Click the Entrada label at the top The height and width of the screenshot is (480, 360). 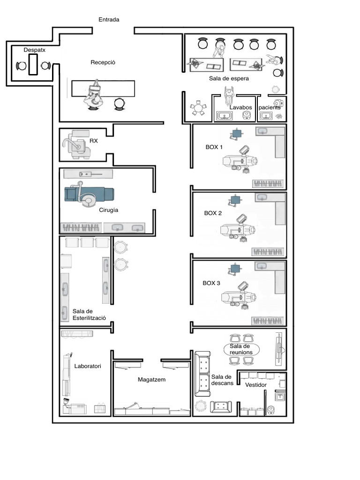tap(109, 20)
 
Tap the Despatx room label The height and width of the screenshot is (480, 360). tap(34, 49)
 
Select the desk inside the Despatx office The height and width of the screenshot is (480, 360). tap(32, 64)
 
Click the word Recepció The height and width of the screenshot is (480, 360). tap(103, 62)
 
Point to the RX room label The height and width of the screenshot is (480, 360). tap(94, 140)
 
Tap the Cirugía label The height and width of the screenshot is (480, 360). tap(109, 210)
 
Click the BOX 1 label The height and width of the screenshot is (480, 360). tap(214, 147)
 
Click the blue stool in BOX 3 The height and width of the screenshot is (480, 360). tap(234, 269)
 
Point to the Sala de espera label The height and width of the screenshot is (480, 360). tap(229, 78)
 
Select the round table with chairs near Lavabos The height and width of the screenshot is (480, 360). tap(198, 108)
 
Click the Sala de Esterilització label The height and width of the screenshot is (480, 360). tap(89, 315)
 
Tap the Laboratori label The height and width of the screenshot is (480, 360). tap(88, 366)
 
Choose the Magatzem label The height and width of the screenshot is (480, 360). tap(152, 379)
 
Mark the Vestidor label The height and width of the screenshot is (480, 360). tap(256, 385)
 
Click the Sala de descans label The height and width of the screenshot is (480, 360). tap(222, 380)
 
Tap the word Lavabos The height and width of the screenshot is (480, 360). tap(241, 107)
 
